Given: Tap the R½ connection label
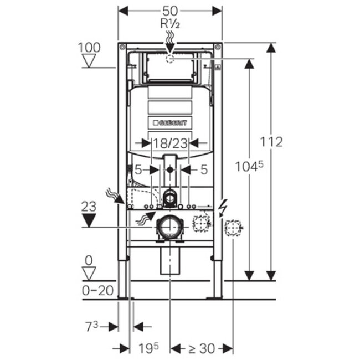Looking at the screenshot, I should [x=170, y=24].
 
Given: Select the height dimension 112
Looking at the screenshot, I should [x=271, y=142].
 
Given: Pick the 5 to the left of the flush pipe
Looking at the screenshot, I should [x=138, y=170].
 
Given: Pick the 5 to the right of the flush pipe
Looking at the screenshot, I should [x=203, y=170].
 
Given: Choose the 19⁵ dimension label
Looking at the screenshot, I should [x=148, y=348].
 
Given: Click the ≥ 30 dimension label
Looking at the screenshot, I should [x=201, y=348].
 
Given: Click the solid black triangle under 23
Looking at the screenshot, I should [x=89, y=220].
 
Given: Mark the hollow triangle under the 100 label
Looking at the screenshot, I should [x=89, y=60].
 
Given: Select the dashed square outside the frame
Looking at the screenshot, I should [x=233, y=227].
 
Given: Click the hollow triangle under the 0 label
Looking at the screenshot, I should [x=89, y=272].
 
